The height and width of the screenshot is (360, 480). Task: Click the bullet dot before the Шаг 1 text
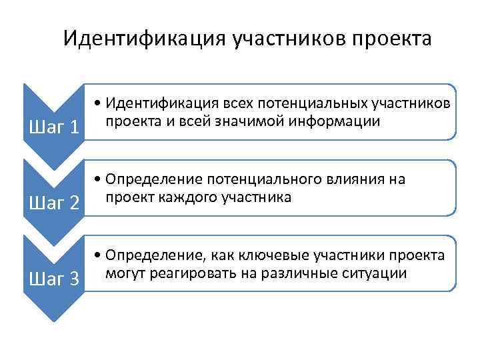pyautogui.click(x=98, y=105)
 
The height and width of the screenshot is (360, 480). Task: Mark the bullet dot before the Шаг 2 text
pyautogui.click(x=98, y=181)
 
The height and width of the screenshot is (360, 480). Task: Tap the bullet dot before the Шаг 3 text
pyautogui.click(x=98, y=257)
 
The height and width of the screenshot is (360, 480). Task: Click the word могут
pyautogui.click(x=122, y=273)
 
